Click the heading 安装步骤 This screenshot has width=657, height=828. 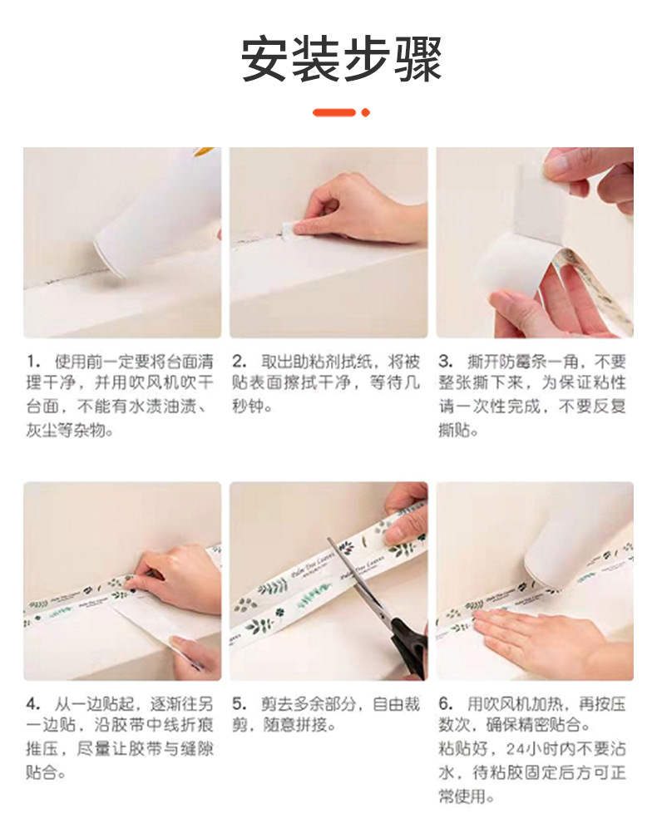click(341, 59)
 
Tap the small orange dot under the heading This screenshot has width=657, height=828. click(365, 112)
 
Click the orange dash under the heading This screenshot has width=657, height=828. click(333, 112)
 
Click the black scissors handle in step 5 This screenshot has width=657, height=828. click(410, 648)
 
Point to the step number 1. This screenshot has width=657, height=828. click(32, 362)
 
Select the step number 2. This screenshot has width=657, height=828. click(239, 362)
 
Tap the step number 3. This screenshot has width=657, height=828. click(445, 362)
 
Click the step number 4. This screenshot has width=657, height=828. click(32, 704)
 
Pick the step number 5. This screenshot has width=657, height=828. click(239, 704)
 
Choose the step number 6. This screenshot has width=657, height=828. click(445, 704)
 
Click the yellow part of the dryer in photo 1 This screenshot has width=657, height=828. click(204, 152)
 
